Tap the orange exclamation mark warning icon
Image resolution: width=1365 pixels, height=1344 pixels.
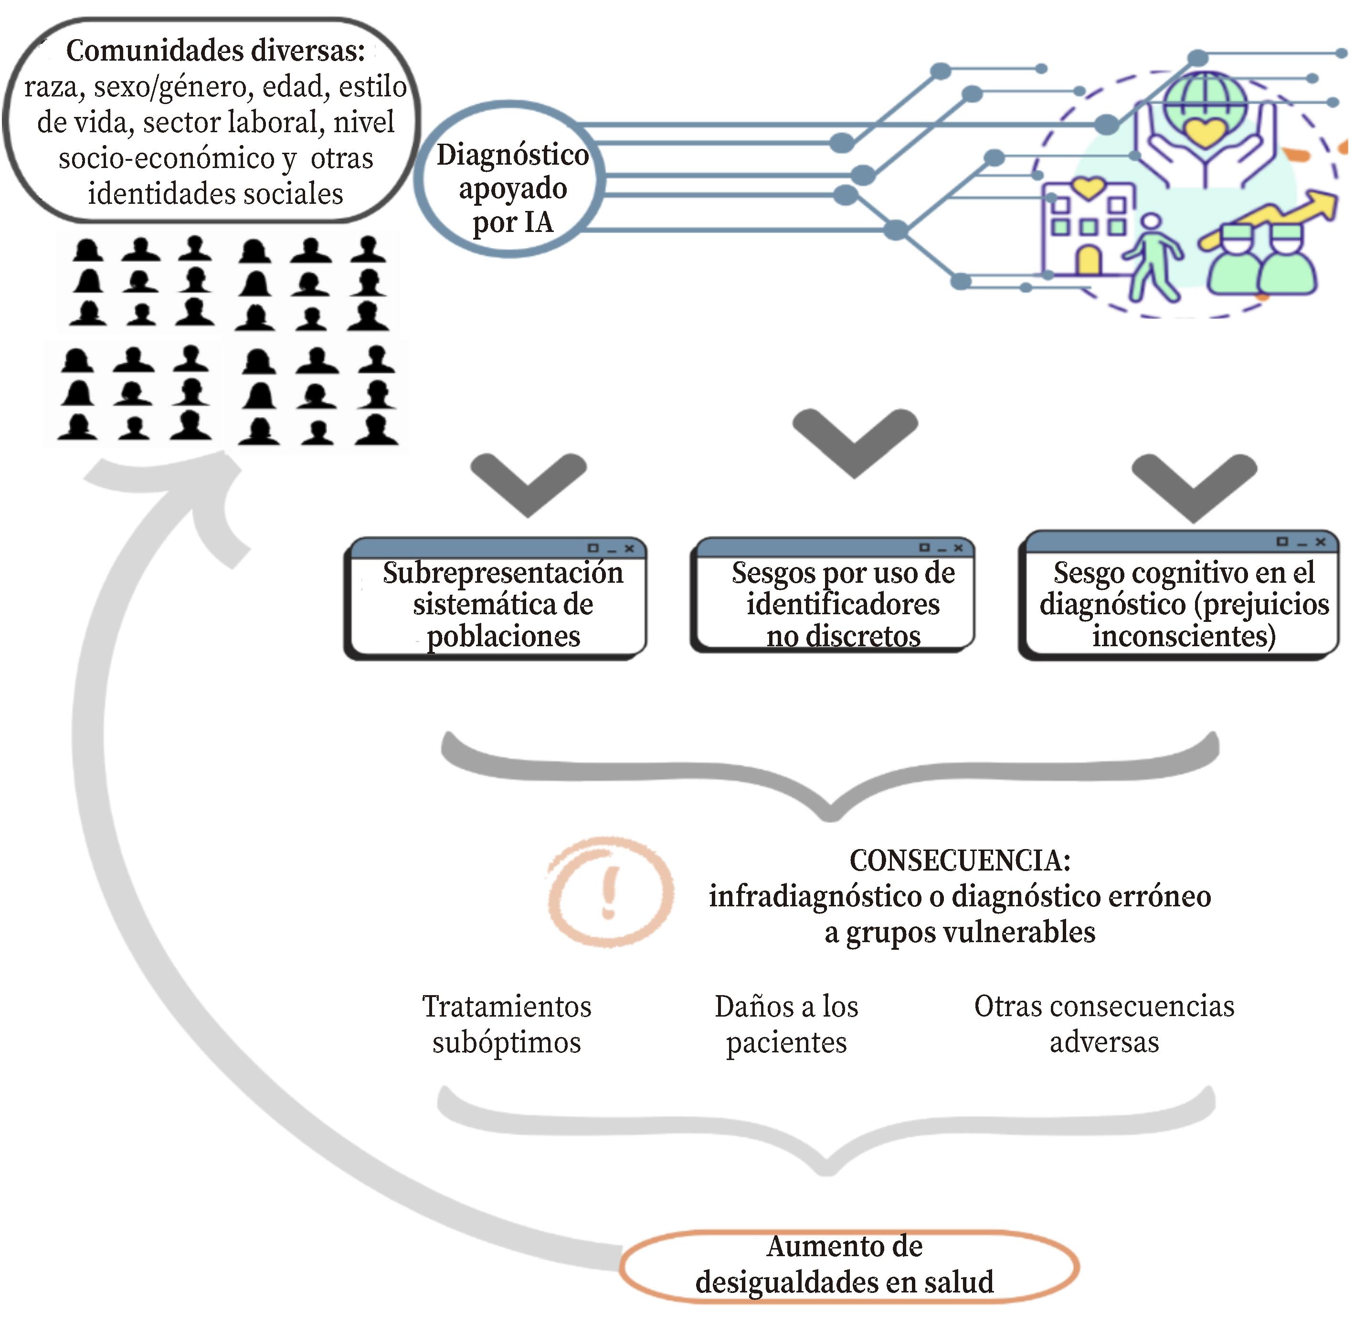[x=609, y=892]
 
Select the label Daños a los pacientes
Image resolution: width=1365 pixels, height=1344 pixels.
[x=786, y=1024]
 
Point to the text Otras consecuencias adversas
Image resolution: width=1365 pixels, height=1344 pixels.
[x=1104, y=1024]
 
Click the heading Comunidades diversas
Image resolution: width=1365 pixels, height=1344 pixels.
[x=215, y=51]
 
